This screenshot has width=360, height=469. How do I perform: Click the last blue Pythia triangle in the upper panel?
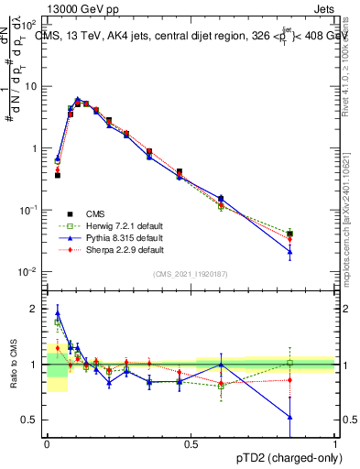[289, 252]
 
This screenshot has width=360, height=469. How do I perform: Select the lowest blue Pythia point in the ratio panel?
[289, 418]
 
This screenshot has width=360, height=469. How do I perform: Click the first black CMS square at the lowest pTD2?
[58, 175]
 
